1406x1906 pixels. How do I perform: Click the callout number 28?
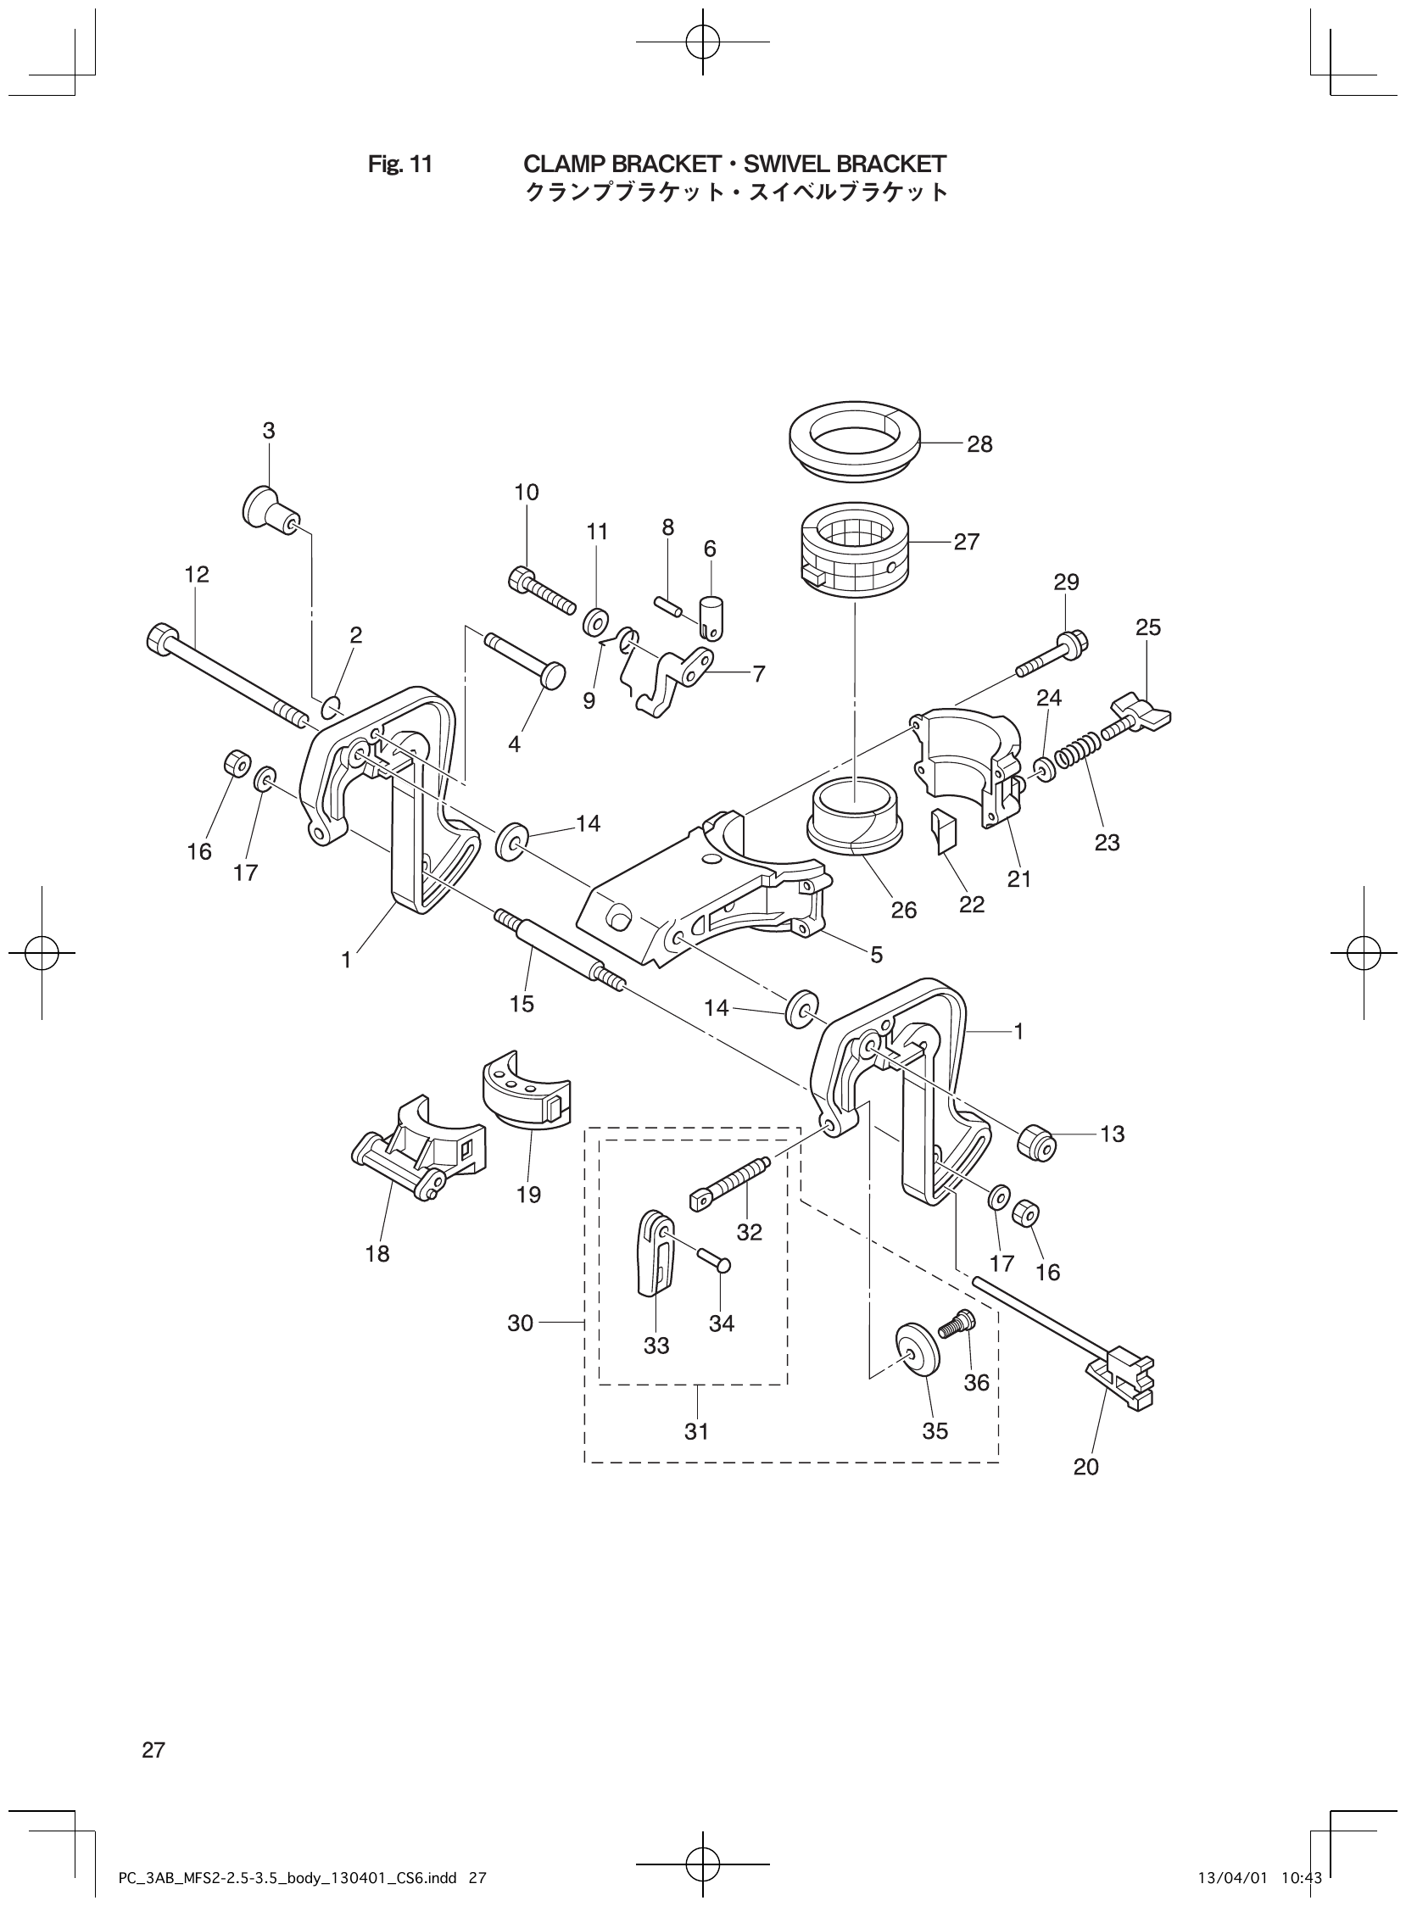click(x=979, y=444)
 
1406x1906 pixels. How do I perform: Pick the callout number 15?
click(x=522, y=1004)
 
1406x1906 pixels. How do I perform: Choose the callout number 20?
click(x=1087, y=1467)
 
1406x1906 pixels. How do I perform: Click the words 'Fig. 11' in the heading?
click(x=400, y=164)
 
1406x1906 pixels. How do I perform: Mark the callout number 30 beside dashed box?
click(x=520, y=1324)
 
